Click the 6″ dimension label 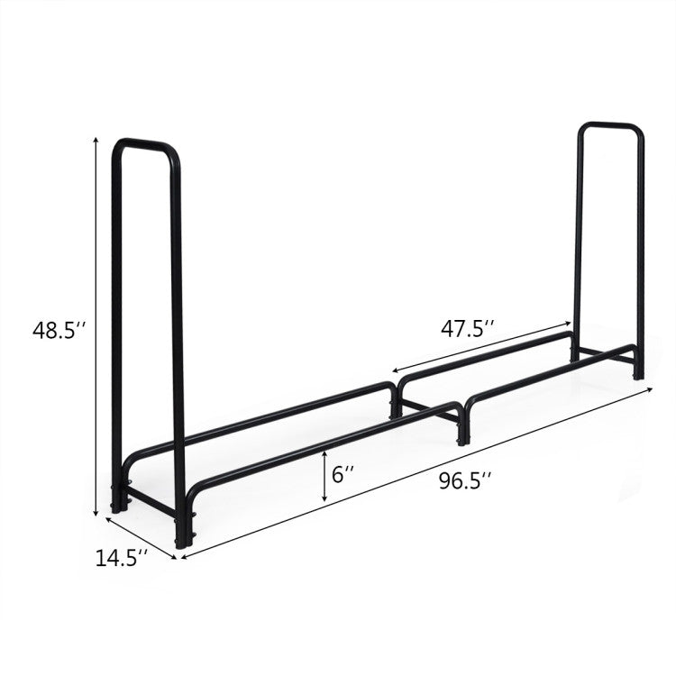click(x=343, y=475)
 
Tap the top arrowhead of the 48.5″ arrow click(x=96, y=140)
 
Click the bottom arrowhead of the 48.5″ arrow click(x=96, y=513)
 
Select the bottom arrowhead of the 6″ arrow click(x=324, y=499)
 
